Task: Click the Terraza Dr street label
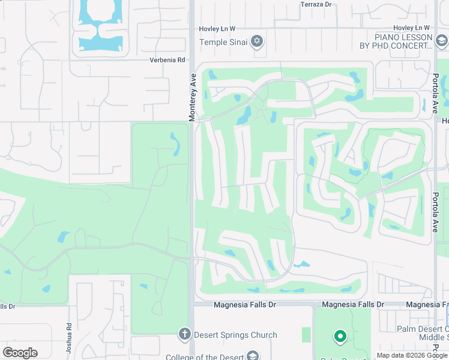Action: (x=315, y=4)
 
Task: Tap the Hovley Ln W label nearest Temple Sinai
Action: (x=217, y=28)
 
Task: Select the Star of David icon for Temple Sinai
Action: (x=257, y=41)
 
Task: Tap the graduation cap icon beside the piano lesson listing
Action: (x=441, y=41)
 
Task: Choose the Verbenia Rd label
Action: (x=167, y=60)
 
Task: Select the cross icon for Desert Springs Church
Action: (x=185, y=334)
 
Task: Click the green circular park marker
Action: (x=340, y=337)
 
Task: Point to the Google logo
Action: (x=20, y=353)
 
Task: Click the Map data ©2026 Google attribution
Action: (x=411, y=355)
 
